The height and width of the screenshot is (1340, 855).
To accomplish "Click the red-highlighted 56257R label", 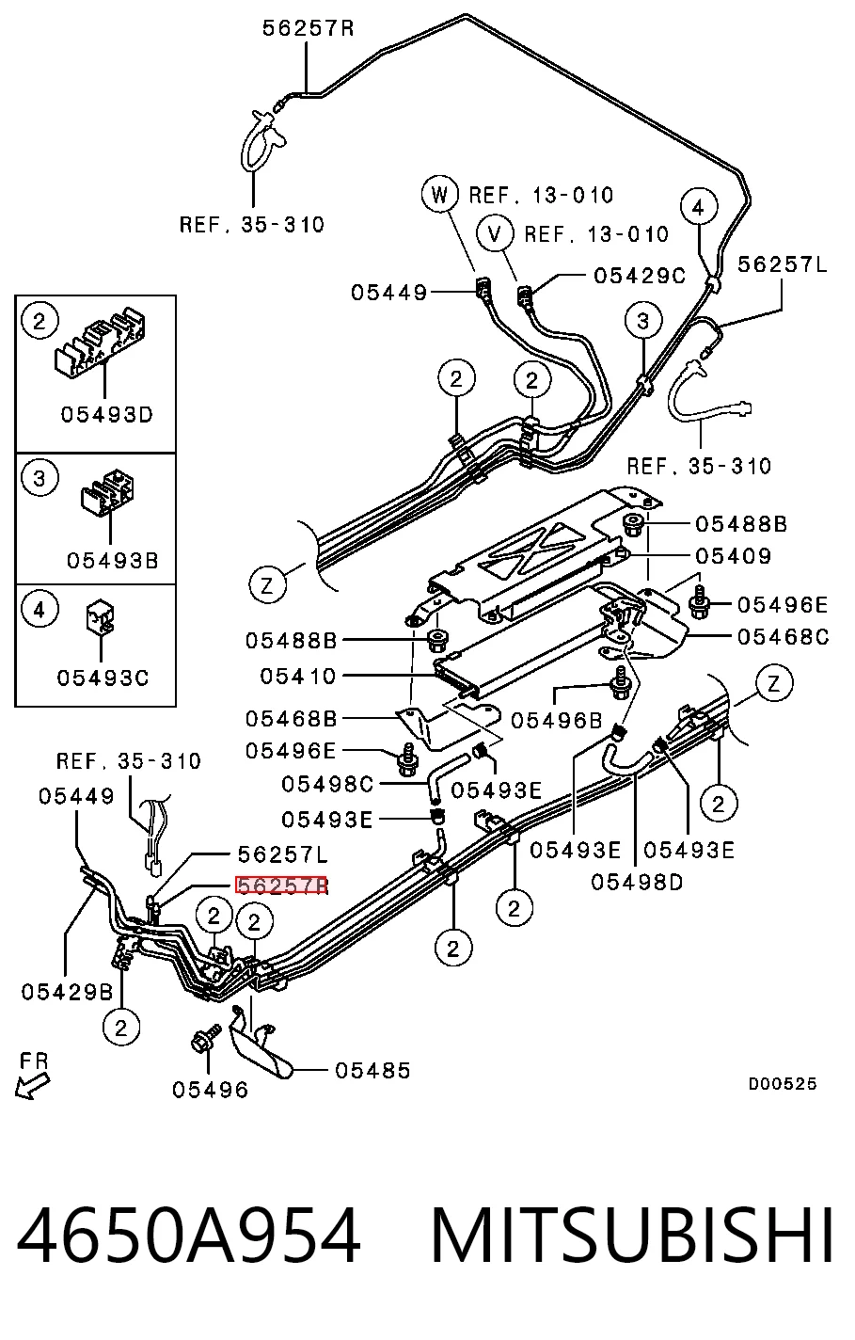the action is pos(281,885).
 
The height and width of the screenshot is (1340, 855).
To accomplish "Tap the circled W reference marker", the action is pos(439,195).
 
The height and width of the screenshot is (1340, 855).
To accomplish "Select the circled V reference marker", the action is pos(495,234).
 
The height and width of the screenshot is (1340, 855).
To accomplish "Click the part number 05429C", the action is pos(640,276).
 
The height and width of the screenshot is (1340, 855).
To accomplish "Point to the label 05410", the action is pos(298,676).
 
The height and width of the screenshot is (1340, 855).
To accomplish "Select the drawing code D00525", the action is pos(783,1084).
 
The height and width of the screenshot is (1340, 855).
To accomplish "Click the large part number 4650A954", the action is pos(188,1236).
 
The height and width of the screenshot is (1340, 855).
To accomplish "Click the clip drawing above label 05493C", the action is pos(101,616).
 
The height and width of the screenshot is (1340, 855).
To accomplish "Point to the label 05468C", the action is pos(783,636).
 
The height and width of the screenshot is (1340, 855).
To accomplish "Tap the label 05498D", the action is pos(637,883).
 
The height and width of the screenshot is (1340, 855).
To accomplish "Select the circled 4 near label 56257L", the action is pos(698,208).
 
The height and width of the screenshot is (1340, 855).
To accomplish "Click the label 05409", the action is pos(733,556).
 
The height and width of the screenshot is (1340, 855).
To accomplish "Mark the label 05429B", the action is pos(67,993).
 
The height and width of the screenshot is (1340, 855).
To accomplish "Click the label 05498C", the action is pos(327,784).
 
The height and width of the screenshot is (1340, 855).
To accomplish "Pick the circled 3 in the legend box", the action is pos(40,479).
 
